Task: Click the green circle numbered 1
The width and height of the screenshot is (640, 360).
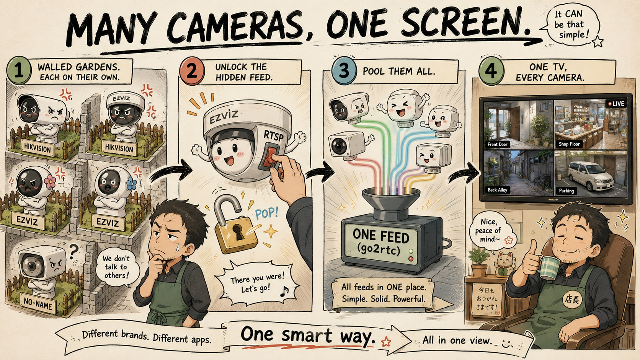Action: click(x=19, y=70)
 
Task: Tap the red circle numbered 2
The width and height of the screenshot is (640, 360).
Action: click(x=192, y=70)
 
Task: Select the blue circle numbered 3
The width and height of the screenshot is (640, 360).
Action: click(x=344, y=70)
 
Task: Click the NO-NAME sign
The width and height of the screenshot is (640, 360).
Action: click(x=38, y=304)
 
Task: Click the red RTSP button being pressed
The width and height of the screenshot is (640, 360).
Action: click(x=269, y=156)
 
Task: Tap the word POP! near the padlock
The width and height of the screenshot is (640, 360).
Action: click(x=266, y=213)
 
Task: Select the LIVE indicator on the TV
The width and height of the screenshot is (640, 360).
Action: click(x=616, y=104)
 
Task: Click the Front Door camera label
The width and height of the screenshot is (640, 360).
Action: click(x=498, y=145)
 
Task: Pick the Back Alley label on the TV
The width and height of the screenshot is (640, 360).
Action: click(x=498, y=190)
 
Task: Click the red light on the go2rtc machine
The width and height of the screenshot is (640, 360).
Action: click(x=411, y=259)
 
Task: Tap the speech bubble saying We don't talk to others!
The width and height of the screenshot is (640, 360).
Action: click(x=117, y=267)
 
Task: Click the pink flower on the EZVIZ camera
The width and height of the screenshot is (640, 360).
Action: click(x=50, y=182)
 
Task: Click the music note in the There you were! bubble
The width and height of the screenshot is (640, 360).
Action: click(x=284, y=291)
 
